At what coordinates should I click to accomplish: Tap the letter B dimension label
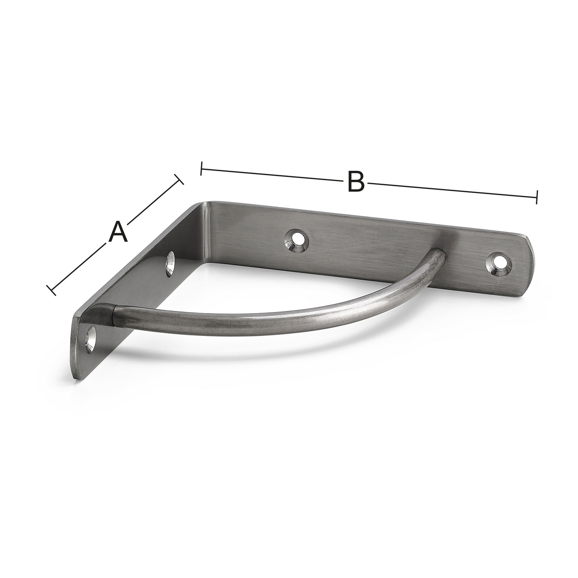tap(356, 181)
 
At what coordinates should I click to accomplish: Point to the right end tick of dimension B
tap(537, 196)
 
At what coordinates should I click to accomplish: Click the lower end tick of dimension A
tap(51, 290)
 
